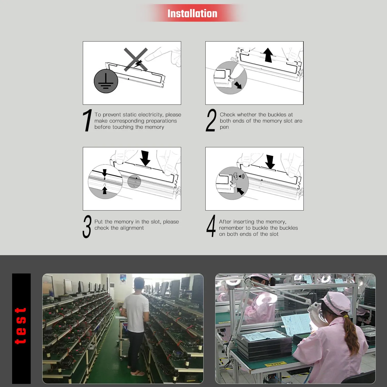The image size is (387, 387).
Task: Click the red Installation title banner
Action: [192, 13]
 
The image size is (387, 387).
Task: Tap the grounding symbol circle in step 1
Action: [106, 81]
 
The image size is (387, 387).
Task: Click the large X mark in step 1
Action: [136, 59]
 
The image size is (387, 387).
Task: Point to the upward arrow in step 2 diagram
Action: [268, 55]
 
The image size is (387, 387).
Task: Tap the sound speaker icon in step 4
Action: [241, 176]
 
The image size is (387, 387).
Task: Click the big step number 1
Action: [88, 120]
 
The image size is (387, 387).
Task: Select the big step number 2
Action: [211, 120]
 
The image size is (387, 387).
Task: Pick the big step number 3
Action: [87, 227]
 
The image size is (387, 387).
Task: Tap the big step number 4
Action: [211, 226]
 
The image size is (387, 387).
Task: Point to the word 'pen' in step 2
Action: [224, 127]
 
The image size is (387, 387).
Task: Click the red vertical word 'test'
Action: [21, 326]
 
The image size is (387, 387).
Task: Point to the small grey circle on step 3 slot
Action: [134, 181]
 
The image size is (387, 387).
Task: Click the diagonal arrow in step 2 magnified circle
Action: [238, 85]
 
